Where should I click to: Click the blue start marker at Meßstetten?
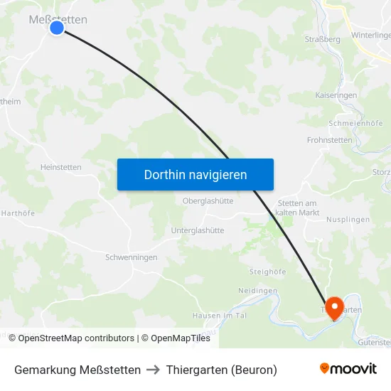tap(57, 28)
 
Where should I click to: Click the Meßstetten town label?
tap(58, 19)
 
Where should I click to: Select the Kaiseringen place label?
tap(336, 95)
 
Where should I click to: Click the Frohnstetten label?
tap(329, 140)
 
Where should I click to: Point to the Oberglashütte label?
tap(208, 201)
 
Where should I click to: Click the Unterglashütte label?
tap(198, 230)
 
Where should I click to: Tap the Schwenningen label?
tap(131, 257)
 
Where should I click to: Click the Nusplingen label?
tap(348, 220)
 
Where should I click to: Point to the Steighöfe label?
tap(268, 272)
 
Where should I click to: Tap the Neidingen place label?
tap(257, 291)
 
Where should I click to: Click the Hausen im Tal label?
tap(218, 315)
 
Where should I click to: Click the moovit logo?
tap(348, 369)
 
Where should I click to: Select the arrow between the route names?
tap(153, 370)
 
